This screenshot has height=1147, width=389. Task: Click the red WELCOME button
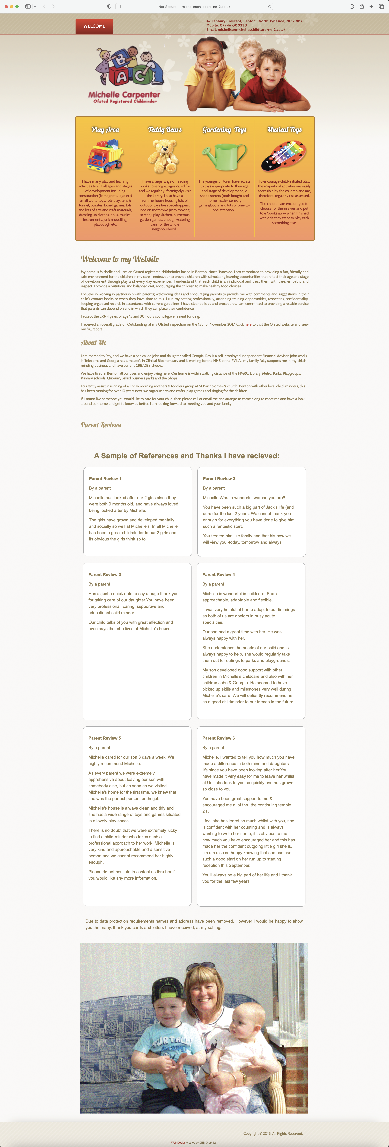tap(94, 26)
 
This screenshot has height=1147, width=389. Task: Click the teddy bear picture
tap(164, 156)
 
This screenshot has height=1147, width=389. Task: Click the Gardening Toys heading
tap(224, 130)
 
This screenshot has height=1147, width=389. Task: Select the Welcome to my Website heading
tap(120, 259)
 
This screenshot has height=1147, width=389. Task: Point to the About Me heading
tap(93, 342)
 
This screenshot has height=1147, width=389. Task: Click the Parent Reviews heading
tap(101, 425)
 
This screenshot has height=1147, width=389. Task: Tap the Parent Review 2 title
tap(219, 479)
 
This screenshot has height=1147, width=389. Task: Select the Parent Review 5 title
tap(105, 738)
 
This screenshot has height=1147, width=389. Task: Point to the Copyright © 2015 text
tap(273, 1133)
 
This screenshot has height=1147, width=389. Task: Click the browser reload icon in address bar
tap(269, 7)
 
